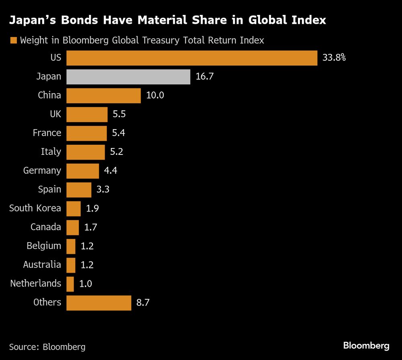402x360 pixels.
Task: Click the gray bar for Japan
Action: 128,77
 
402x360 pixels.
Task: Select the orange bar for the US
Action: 192,58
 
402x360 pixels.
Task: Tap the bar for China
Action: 103,96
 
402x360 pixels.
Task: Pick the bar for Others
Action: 98,303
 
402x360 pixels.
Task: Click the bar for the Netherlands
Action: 70,284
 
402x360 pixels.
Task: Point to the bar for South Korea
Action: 74,209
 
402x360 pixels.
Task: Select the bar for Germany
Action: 82,171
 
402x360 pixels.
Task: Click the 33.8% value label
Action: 334,58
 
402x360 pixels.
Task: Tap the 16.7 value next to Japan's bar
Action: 204,77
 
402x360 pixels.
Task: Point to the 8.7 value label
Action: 143,303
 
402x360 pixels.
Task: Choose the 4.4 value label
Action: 111,171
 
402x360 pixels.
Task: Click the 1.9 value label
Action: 92,209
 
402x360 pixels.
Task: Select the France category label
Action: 47,133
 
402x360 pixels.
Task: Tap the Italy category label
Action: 51,152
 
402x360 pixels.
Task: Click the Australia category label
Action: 42,265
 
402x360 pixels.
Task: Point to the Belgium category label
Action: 44,246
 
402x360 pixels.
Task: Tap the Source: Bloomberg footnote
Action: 47,347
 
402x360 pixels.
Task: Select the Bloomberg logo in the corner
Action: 366,346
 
